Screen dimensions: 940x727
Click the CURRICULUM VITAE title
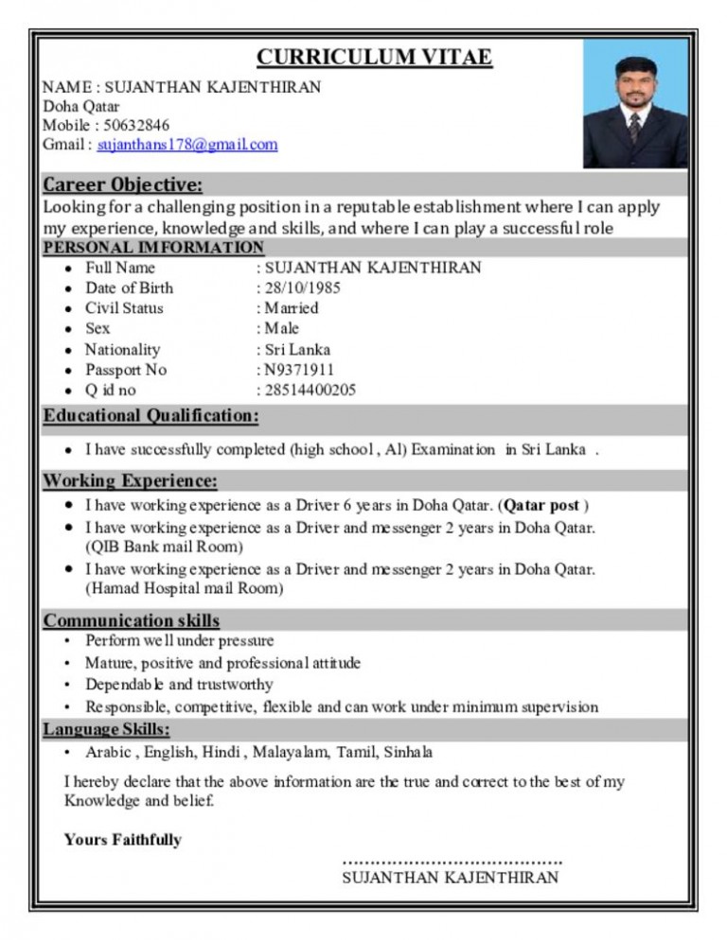pos(374,58)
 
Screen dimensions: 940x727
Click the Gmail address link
pos(187,145)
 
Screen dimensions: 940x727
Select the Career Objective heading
pos(122,183)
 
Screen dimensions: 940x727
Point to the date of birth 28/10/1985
pos(302,287)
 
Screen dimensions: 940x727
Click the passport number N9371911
pos(299,370)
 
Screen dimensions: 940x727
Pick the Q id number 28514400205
pos(310,391)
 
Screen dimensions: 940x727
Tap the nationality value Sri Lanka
pos(298,349)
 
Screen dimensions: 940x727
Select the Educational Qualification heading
pos(151,416)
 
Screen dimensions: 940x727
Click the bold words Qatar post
pos(541,506)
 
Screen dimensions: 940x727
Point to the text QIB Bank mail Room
pos(164,547)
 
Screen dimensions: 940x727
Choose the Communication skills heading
pos(132,620)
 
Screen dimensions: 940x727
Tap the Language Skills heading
pos(107,729)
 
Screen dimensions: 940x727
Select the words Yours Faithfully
pos(122,839)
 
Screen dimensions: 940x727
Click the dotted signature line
pos(452,861)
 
